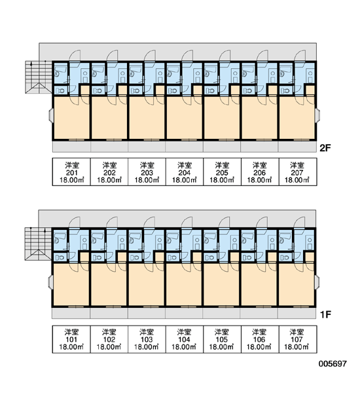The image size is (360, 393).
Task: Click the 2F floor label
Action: point(325,148)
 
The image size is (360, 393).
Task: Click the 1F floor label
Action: point(326,314)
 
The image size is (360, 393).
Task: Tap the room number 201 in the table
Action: point(71,173)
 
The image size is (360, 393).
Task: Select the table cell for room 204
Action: point(185,172)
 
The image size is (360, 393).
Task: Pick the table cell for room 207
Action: point(298,172)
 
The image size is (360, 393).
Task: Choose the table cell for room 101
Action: point(71,339)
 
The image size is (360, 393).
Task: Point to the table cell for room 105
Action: point(222,339)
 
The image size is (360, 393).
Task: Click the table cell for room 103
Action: point(147,339)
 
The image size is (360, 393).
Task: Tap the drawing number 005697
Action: point(333,364)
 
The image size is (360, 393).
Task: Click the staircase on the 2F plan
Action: point(39,77)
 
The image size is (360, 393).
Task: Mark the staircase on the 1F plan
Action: point(38,244)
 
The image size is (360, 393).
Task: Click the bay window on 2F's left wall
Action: point(50,115)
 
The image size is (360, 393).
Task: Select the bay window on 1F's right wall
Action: point(317,282)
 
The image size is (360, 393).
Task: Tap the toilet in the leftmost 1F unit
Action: point(60,257)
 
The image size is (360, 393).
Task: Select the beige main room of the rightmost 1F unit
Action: point(296,285)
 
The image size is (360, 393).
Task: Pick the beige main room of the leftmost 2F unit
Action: point(71,118)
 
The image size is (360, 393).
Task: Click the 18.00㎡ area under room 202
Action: point(109,180)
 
